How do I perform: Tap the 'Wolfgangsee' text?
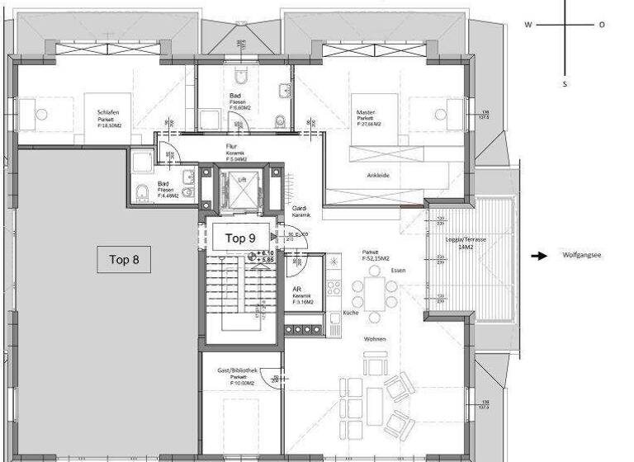coord(582,256)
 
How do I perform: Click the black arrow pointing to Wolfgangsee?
coord(538,256)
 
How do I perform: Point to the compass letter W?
coord(528,25)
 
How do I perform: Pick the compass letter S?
coord(565,83)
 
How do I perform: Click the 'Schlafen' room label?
coord(109,113)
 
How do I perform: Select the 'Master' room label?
coord(366,112)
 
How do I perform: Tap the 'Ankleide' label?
coord(378,175)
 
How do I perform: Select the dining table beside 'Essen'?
coord(374,291)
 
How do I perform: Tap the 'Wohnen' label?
coord(376,339)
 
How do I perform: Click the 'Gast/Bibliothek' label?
coord(237,372)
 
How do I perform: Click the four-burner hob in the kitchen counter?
coord(334,288)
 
